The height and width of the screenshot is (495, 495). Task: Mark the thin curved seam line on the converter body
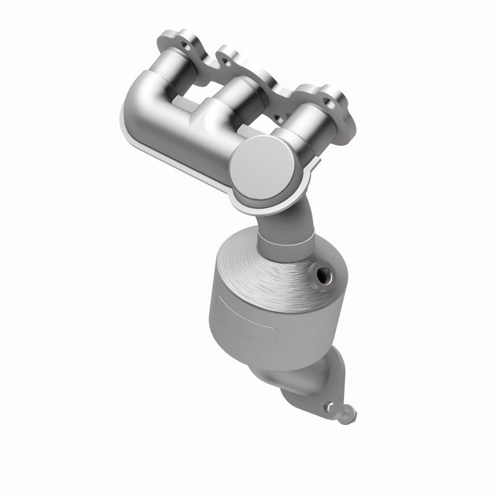point(247,309)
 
